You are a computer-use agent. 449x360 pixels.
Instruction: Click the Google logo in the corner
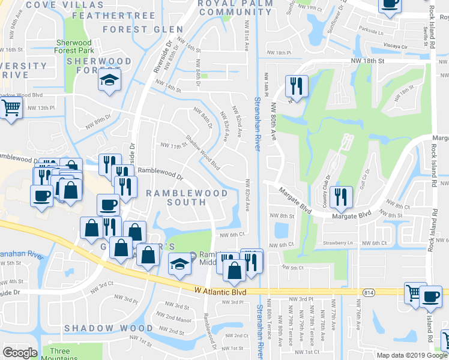click(20, 353)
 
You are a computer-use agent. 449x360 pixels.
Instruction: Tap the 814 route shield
click(369, 292)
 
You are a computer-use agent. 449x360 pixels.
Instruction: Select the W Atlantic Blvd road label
click(221, 291)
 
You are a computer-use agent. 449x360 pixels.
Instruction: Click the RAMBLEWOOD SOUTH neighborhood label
click(187, 197)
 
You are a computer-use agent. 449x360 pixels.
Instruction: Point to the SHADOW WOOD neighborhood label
click(109, 328)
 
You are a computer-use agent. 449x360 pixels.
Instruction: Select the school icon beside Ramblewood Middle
click(179, 263)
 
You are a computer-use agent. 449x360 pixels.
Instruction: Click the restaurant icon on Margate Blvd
click(340, 196)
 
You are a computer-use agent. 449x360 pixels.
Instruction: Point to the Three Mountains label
click(60, 355)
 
